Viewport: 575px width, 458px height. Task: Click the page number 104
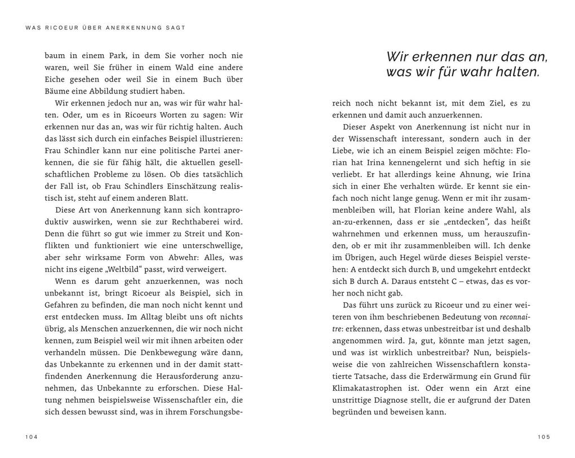[x=32, y=437]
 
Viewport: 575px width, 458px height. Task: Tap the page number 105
[x=543, y=437]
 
